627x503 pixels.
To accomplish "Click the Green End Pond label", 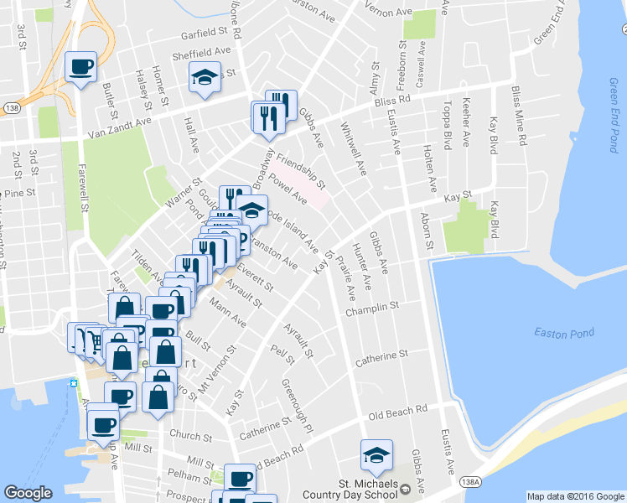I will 614,116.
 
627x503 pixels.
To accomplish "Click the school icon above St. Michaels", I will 376,455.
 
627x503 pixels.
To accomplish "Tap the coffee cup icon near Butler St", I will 80,67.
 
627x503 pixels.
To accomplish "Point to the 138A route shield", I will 470,480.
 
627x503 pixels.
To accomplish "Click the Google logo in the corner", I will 28,493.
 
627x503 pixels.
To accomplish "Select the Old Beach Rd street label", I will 398,413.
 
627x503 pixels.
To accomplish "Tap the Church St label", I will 190,436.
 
